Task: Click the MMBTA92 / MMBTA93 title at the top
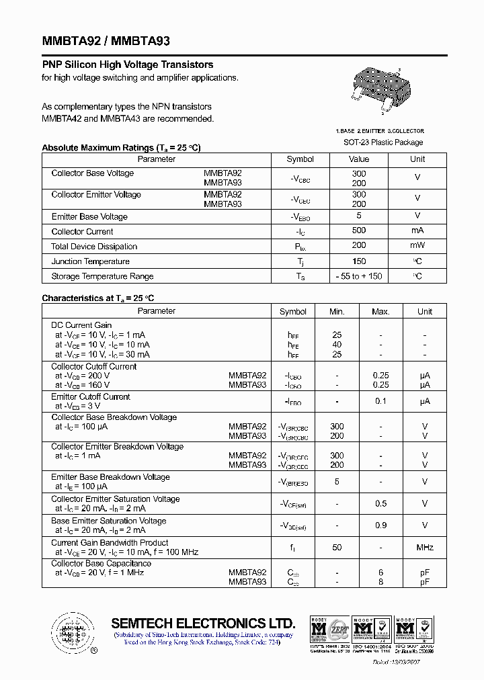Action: (x=106, y=41)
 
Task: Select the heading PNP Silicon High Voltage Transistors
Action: (x=128, y=65)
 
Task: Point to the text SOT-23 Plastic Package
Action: (x=383, y=142)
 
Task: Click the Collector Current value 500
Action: (x=359, y=230)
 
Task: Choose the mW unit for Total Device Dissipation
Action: (x=417, y=246)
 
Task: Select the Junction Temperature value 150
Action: (x=359, y=261)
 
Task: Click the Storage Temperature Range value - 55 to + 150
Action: (x=359, y=276)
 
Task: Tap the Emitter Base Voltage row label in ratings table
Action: (x=89, y=216)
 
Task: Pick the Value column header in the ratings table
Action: (x=359, y=159)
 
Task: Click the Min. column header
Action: (x=337, y=312)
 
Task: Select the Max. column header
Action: (x=380, y=312)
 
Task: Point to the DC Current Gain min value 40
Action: (x=337, y=345)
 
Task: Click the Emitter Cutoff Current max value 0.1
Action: (x=380, y=401)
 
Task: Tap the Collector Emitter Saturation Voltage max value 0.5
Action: (x=380, y=504)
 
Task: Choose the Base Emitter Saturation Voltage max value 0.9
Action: (x=380, y=525)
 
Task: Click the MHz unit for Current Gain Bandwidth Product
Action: (x=425, y=548)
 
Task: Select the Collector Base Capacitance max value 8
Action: (x=380, y=582)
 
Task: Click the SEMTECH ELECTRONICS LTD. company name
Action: (x=203, y=623)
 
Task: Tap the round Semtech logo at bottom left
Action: (x=71, y=632)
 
